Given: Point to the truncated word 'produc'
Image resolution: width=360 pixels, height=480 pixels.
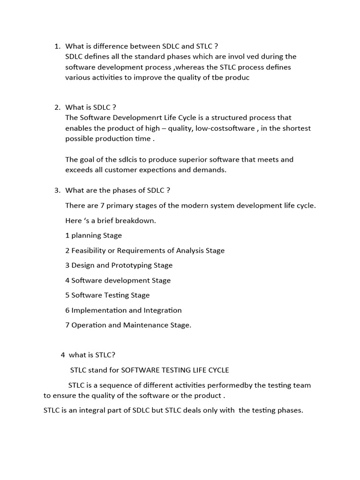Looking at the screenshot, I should (237, 78).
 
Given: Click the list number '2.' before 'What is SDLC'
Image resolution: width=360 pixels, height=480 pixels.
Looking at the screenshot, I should (58, 107).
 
